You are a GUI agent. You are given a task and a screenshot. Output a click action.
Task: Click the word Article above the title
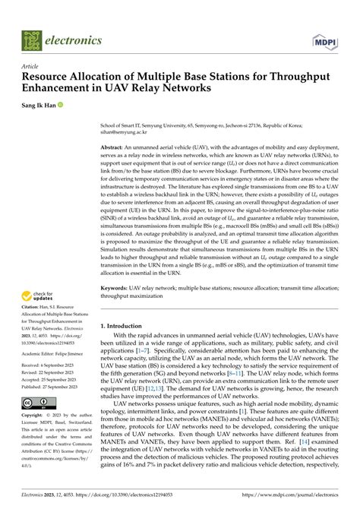[31, 67]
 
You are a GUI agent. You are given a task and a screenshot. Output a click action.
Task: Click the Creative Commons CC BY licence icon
[36, 405]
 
